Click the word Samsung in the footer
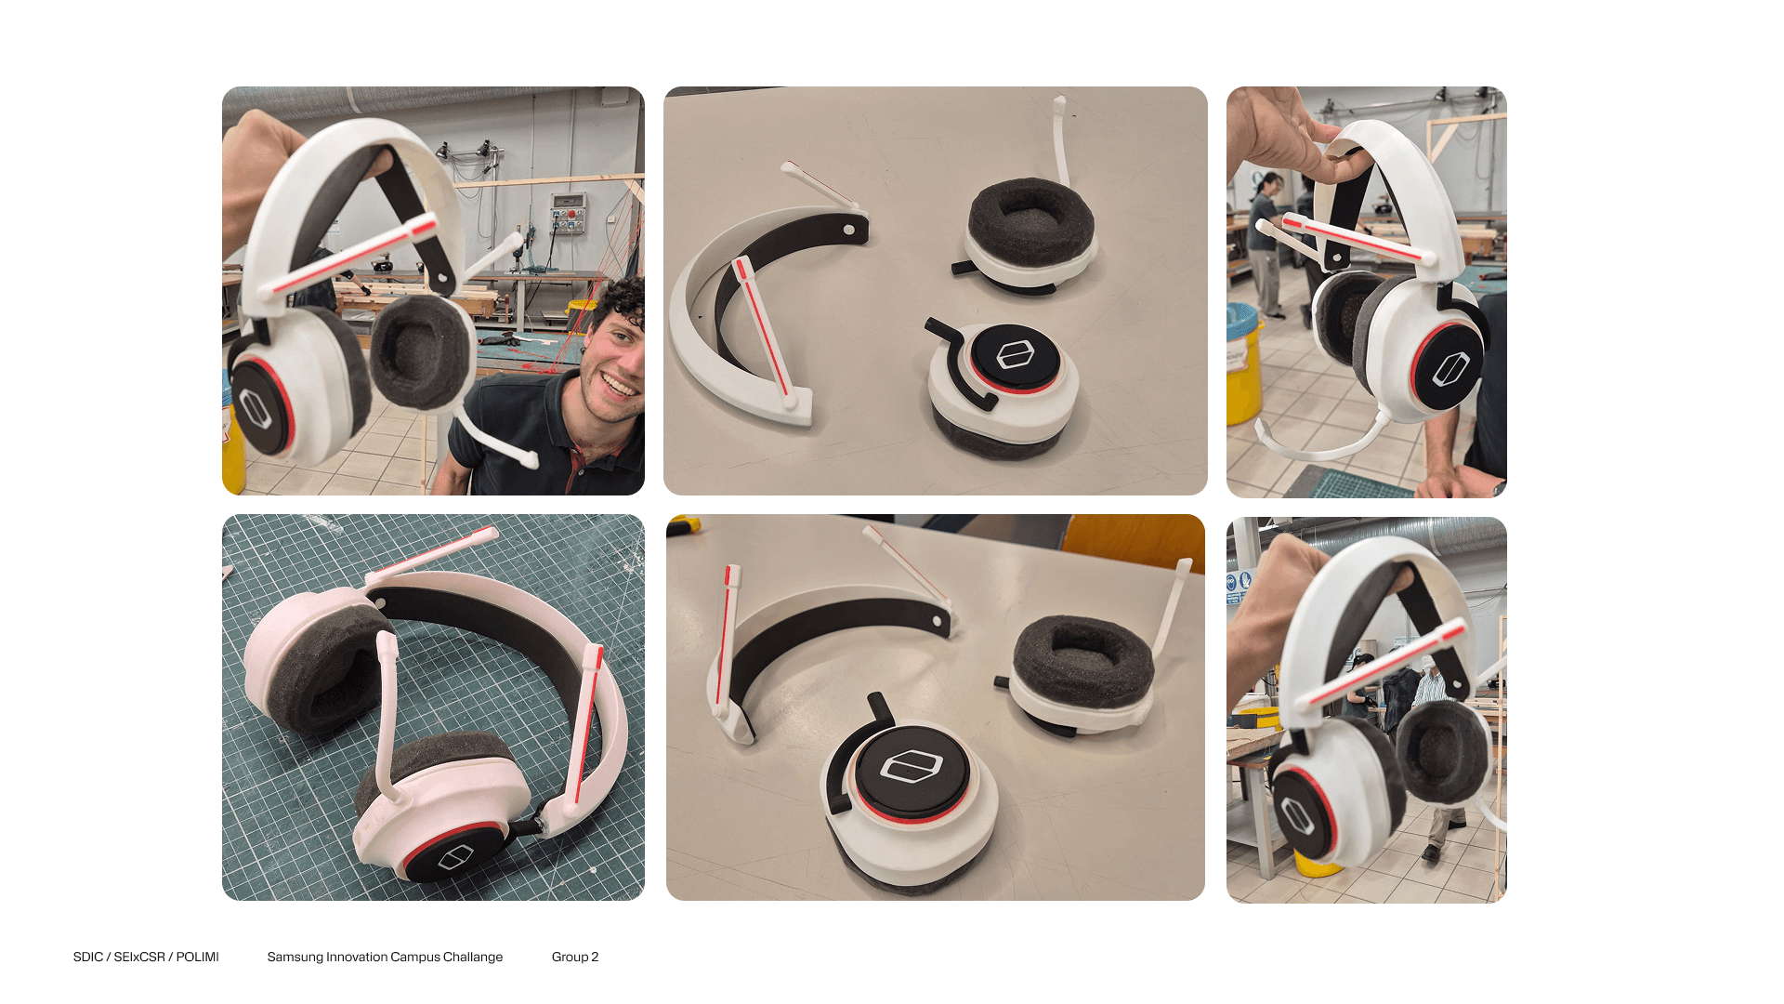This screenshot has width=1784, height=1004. pyautogui.click(x=295, y=957)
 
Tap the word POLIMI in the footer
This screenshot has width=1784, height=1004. pyautogui.click(x=198, y=957)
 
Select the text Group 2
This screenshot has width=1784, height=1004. pyautogui.click(x=575, y=957)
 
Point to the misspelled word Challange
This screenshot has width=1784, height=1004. pyautogui.click(x=473, y=957)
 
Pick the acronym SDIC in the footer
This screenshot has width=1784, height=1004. pyautogui.click(x=88, y=957)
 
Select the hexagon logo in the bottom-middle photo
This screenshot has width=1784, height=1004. pyautogui.click(x=912, y=767)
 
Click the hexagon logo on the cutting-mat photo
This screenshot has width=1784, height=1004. pyautogui.click(x=455, y=857)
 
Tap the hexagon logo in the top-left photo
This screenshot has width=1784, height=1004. pyautogui.click(x=255, y=408)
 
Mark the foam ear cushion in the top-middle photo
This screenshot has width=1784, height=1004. pyautogui.click(x=1030, y=223)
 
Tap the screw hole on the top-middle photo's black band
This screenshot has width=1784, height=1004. pyautogui.click(x=849, y=229)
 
